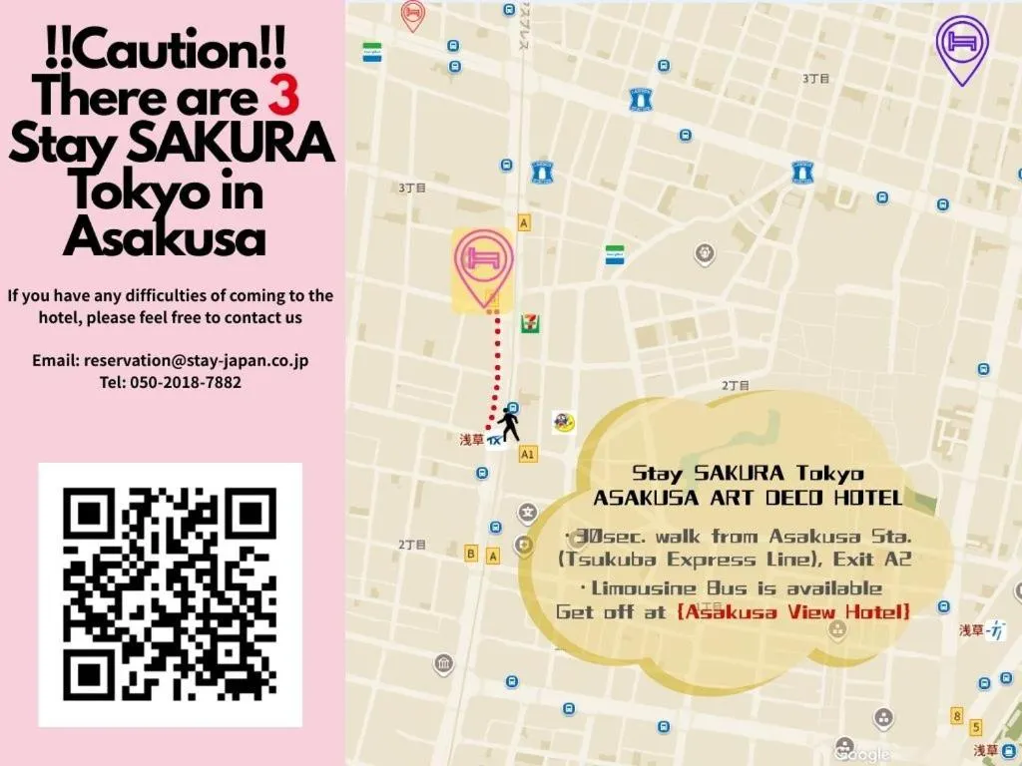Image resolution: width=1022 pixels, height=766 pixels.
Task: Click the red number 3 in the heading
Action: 284,98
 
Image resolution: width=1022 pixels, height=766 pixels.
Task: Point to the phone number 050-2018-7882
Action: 186,382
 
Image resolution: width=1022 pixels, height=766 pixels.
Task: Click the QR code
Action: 170,593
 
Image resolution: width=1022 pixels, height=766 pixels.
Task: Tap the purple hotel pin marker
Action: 962,44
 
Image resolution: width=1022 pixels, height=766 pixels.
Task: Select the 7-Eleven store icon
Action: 529,323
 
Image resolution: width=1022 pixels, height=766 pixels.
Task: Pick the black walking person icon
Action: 510,426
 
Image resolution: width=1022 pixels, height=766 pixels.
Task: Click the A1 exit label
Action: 528,454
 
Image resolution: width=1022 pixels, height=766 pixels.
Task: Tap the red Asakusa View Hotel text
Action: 793,611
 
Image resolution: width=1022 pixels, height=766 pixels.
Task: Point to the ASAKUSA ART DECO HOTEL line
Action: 748,497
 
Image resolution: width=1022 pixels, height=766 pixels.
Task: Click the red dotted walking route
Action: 492,369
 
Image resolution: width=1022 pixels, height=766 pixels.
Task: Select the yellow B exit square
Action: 471,554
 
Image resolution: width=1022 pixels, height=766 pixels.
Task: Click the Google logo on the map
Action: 865,755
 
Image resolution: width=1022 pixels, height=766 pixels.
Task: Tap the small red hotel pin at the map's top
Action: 412,15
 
